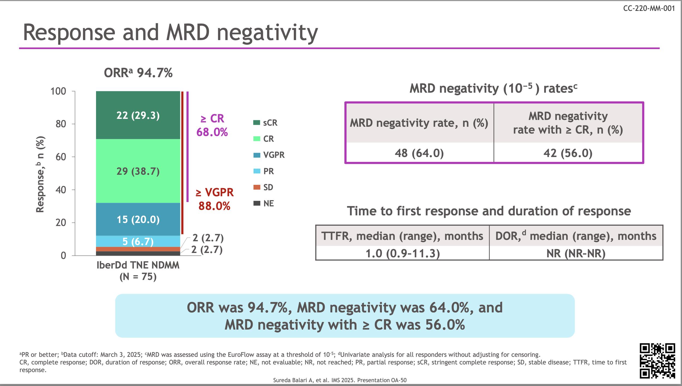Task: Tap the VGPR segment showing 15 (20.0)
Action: [x=138, y=219]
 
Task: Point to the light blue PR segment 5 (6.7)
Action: [x=138, y=241]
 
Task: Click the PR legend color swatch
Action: [x=257, y=171]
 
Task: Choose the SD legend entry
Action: [x=264, y=187]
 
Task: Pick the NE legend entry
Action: [x=264, y=203]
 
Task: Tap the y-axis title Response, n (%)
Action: [x=40, y=174]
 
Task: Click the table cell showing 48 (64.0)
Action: [x=419, y=153]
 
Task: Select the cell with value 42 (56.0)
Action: [x=568, y=153]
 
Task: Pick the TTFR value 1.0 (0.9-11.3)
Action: [x=403, y=254]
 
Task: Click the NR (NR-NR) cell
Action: [x=576, y=254]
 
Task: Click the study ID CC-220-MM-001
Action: [x=649, y=8]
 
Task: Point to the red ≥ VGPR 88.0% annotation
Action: [x=214, y=199]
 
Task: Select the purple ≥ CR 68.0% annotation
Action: [x=212, y=125]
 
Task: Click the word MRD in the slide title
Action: [x=188, y=33]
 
